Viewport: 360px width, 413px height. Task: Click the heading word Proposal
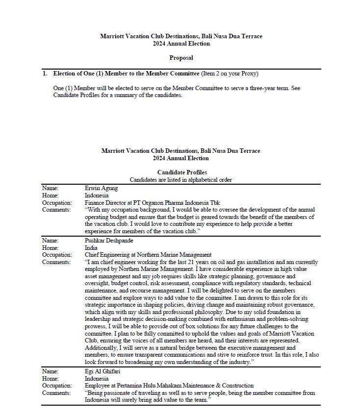coord(181,58)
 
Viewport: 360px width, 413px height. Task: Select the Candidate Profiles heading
coord(181,172)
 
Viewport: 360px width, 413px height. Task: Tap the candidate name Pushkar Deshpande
coord(109,241)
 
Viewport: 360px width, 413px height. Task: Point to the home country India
coord(91,248)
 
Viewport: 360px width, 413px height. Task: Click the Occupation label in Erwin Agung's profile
coord(57,202)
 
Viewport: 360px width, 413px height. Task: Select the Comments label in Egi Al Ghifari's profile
coord(56,393)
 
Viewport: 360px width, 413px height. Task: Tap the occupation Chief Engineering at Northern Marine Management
coord(148,255)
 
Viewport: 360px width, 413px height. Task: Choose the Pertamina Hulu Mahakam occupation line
coord(169,386)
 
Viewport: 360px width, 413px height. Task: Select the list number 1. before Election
coord(45,74)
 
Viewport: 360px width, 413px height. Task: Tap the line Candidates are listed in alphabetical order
coord(181,180)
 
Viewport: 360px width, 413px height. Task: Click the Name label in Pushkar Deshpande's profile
coord(50,241)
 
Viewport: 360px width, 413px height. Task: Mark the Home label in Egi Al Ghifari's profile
coord(50,379)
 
